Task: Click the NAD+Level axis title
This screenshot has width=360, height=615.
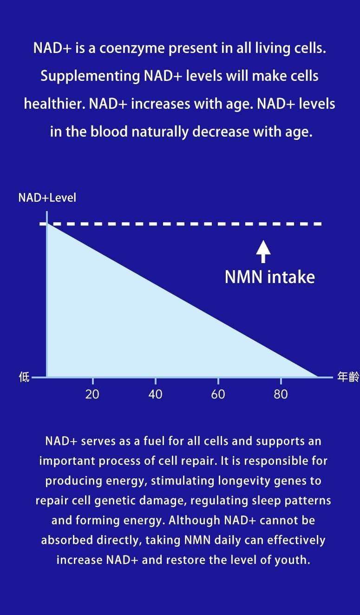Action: (47, 198)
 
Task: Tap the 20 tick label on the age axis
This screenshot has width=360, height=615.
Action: (92, 395)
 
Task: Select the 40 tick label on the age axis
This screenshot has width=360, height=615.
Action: (155, 395)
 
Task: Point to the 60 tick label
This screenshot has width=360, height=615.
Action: (218, 395)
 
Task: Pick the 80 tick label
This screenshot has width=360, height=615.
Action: (281, 395)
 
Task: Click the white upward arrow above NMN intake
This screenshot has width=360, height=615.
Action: (263, 251)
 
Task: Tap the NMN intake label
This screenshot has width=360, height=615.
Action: (270, 277)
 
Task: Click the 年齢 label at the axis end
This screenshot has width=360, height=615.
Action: (348, 377)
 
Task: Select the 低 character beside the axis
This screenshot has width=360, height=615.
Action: (24, 377)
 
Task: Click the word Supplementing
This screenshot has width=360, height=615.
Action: (90, 76)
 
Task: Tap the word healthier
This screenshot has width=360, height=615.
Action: (54, 104)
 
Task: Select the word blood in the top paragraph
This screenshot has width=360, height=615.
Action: (109, 132)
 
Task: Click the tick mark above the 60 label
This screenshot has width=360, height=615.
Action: (218, 381)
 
